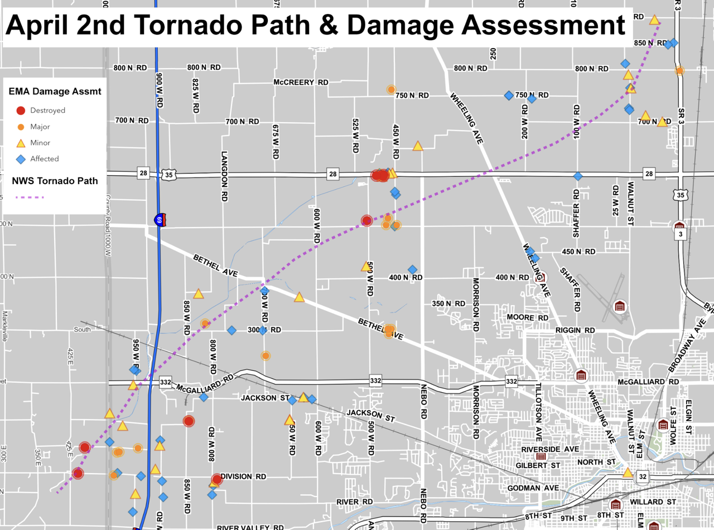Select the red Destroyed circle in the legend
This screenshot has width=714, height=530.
pyautogui.click(x=21, y=110)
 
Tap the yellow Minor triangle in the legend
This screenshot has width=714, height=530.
pyautogui.click(x=21, y=143)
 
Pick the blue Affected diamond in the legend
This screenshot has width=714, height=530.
pyautogui.click(x=21, y=159)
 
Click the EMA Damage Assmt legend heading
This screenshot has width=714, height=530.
pyautogui.click(x=55, y=91)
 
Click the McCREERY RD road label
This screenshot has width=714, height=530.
pyautogui.click(x=301, y=82)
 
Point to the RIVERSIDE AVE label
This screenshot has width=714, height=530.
pyautogui.click(x=549, y=449)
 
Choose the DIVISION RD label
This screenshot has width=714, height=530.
pyautogui.click(x=243, y=476)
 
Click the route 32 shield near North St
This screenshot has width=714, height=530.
pyautogui.click(x=643, y=476)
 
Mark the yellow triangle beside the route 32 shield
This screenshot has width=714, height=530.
pyautogui.click(x=628, y=473)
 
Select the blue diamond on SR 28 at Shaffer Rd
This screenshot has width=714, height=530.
pyautogui.click(x=578, y=176)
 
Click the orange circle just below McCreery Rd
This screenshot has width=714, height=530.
pyautogui.click(x=391, y=89)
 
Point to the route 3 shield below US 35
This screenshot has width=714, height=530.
pyautogui.click(x=680, y=234)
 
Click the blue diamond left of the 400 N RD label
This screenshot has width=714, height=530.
pyautogui.click(x=412, y=269)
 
